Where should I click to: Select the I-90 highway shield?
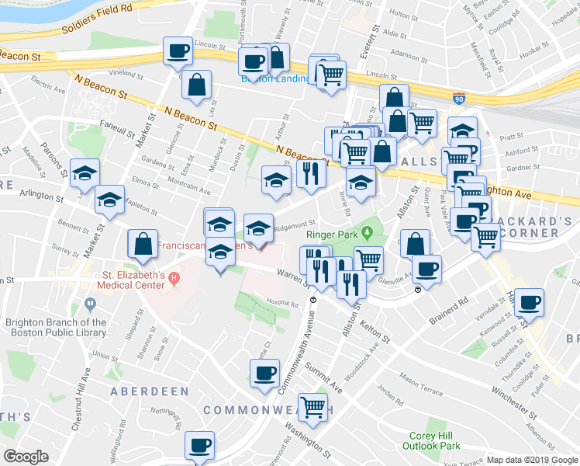point(459,99)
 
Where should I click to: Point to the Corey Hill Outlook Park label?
point(431,440)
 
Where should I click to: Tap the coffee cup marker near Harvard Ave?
point(530,301)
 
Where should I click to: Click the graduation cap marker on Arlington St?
point(110,199)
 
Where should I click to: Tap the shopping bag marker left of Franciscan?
point(143,244)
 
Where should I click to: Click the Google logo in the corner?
point(26,456)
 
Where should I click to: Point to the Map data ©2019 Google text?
point(531,460)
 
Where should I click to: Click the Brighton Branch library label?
point(56,328)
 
